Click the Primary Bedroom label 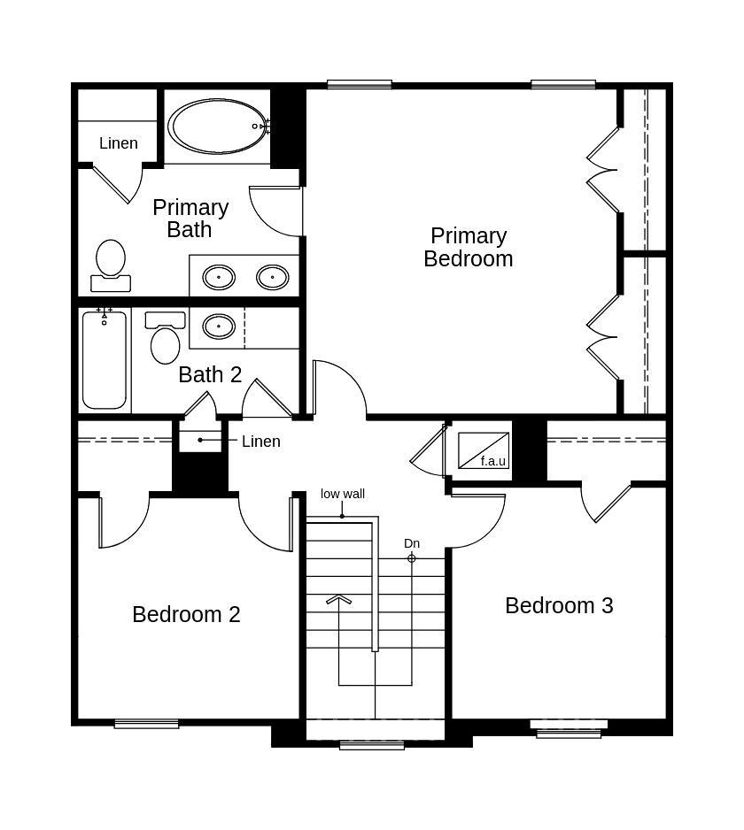click(468, 247)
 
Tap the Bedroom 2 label click(186, 614)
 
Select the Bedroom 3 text click(559, 605)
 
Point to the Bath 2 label click(210, 374)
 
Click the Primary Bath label click(190, 218)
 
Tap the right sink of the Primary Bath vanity click(272, 278)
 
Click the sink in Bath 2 click(219, 327)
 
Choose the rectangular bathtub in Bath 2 click(105, 360)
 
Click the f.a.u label click(492, 461)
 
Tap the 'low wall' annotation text click(343, 494)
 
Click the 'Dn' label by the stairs click(412, 543)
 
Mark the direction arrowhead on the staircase click(338, 601)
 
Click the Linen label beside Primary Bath click(118, 143)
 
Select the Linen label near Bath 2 click(261, 442)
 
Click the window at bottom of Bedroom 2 click(146, 724)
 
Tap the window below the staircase click(372, 745)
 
